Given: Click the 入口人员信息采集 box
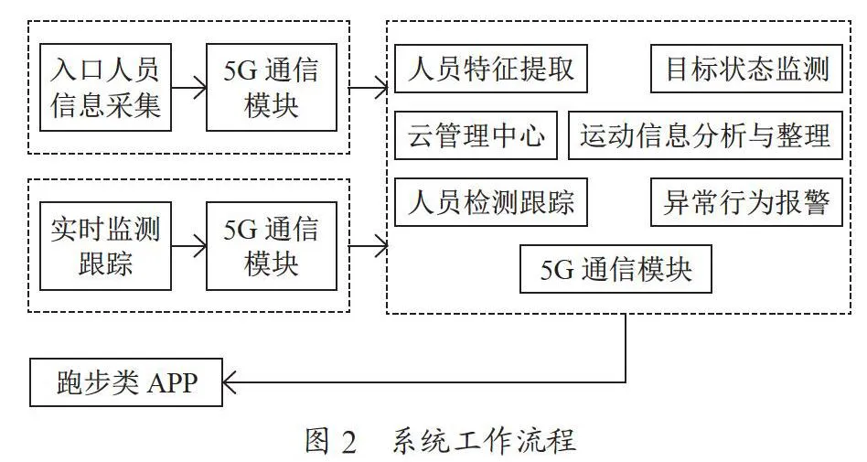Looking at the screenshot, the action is point(105,88).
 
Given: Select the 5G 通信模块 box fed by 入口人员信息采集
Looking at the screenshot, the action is point(272,88).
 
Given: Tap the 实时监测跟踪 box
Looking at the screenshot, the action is point(105,246).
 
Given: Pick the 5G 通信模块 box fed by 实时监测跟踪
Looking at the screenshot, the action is point(272,246).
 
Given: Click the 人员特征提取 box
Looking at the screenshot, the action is point(491,69).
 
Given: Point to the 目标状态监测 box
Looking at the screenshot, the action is point(746,69).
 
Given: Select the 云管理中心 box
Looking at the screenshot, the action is point(476,135).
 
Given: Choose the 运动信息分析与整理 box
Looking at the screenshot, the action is point(705,135).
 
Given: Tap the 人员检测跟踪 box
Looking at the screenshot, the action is point(491,202).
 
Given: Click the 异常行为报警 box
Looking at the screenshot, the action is point(746,202).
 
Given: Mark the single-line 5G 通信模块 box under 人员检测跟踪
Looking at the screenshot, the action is point(615,269).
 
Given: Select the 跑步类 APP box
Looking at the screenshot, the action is point(126,382).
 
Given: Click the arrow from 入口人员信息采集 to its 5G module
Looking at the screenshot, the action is point(188,88).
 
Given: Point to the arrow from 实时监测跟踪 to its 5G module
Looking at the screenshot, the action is point(188,246).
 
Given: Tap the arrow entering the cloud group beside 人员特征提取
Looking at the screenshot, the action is point(369,88).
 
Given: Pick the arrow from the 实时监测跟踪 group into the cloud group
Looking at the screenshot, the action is point(369,246).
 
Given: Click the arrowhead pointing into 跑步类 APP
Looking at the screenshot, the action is point(229,382).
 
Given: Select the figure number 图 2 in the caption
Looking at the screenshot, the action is point(331,441).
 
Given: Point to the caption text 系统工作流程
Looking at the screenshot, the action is point(485,441).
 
